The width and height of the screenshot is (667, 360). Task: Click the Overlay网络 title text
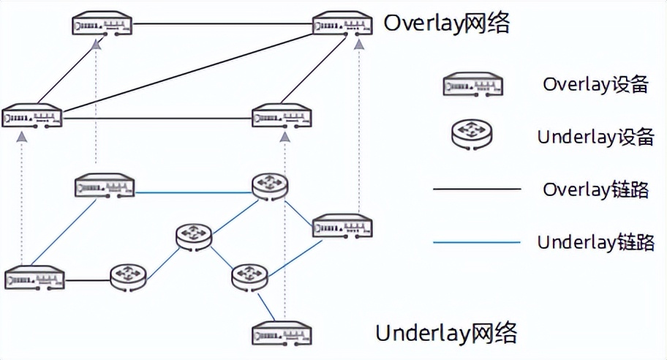point(447,23)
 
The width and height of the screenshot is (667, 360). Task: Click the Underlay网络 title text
point(446,334)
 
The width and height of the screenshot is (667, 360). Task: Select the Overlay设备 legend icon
point(472,86)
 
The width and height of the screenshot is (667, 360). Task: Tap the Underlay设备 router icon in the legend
point(472,136)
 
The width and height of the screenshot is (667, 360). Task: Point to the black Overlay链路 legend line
point(476,190)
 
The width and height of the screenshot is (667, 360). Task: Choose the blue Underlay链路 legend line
point(476,242)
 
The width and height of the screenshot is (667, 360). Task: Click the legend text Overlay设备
point(595,85)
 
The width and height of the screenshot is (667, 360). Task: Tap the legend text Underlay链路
point(595,242)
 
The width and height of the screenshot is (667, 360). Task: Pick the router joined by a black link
point(129,277)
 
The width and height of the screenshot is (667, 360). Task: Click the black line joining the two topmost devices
point(223,24)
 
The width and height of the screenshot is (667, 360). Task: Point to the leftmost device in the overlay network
point(32,117)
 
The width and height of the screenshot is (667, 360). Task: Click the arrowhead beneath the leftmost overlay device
point(23,137)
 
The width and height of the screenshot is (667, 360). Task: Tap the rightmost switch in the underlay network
point(342,226)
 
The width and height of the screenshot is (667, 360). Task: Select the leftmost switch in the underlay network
point(34,280)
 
